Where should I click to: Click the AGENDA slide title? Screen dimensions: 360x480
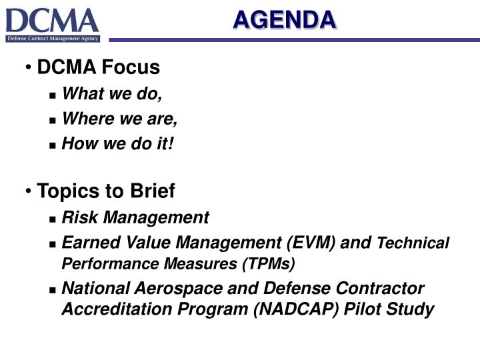285,20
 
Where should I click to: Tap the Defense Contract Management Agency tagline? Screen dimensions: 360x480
53,39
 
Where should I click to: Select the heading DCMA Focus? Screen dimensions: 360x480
99,67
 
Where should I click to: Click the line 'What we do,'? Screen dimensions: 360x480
112,95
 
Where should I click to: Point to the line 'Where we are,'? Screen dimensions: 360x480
119,119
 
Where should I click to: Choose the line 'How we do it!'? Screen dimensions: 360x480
117,143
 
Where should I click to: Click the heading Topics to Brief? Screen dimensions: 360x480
106,191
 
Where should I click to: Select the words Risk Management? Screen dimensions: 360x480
135,217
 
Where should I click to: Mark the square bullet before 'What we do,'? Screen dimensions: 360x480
53,96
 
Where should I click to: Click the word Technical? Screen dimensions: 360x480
413,243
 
